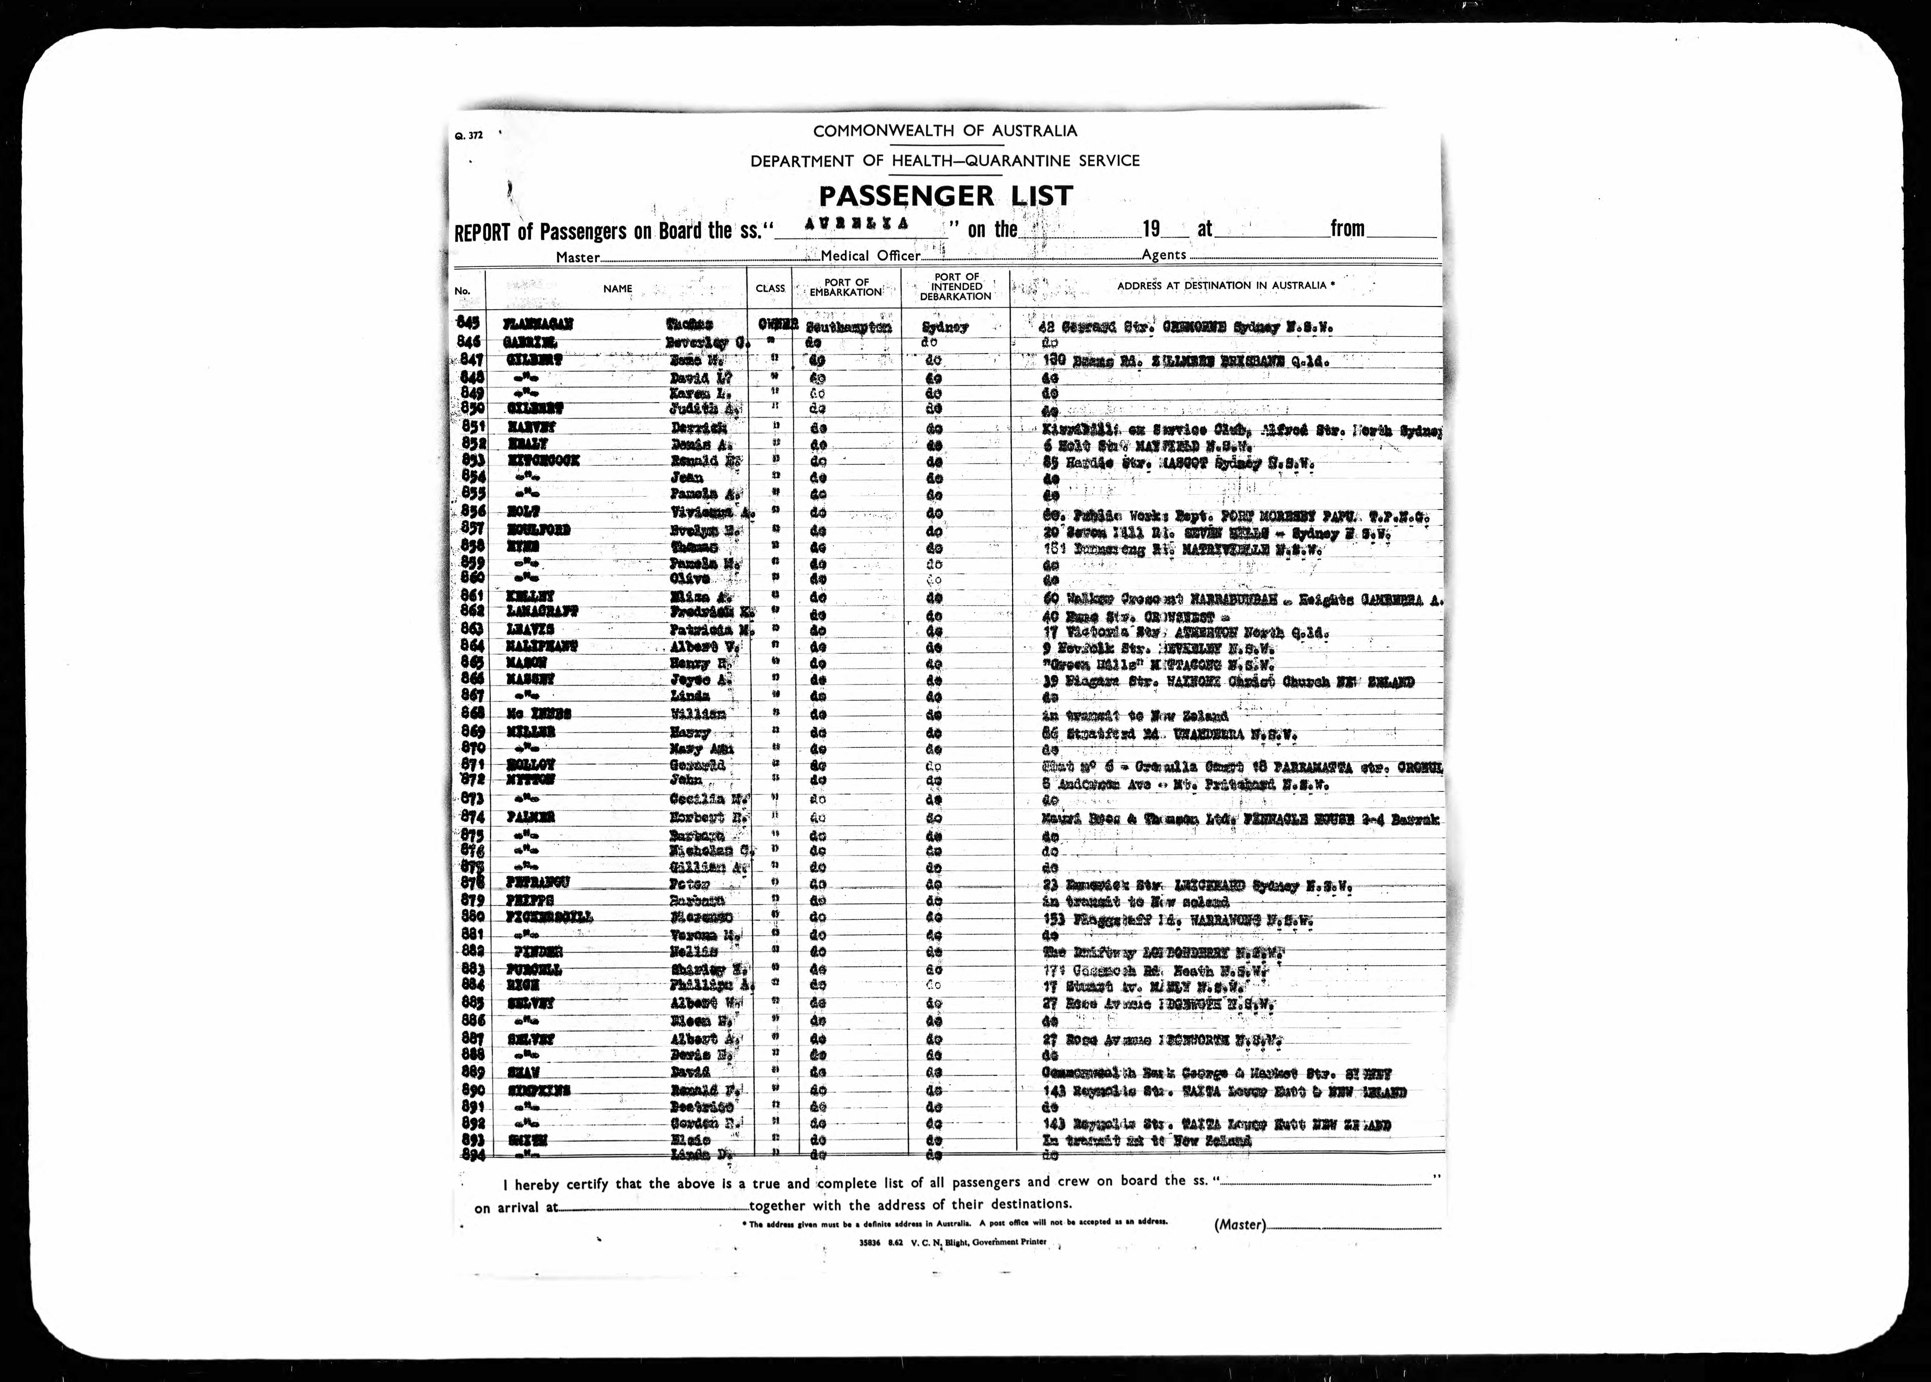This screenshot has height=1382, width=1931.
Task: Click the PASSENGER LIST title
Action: [x=946, y=196]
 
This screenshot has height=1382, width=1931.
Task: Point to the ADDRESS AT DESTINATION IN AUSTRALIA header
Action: [x=1225, y=286]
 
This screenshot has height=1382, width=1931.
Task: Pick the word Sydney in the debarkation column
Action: [x=945, y=327]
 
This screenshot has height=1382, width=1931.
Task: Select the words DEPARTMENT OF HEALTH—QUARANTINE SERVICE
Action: [x=945, y=161]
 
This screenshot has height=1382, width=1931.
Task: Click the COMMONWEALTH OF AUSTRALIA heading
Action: [x=945, y=131]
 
